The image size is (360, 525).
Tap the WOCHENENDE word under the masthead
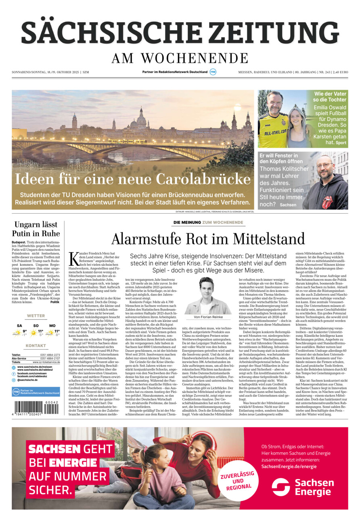point(195,59)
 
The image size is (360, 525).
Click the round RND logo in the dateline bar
point(213,72)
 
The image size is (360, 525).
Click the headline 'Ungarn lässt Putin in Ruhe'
point(36,229)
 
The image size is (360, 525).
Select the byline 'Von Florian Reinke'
point(208,317)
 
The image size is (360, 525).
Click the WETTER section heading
point(36,316)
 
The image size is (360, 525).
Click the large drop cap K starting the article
point(73,259)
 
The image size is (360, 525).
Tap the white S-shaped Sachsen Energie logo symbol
point(280,487)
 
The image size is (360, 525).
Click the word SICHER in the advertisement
point(51,490)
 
